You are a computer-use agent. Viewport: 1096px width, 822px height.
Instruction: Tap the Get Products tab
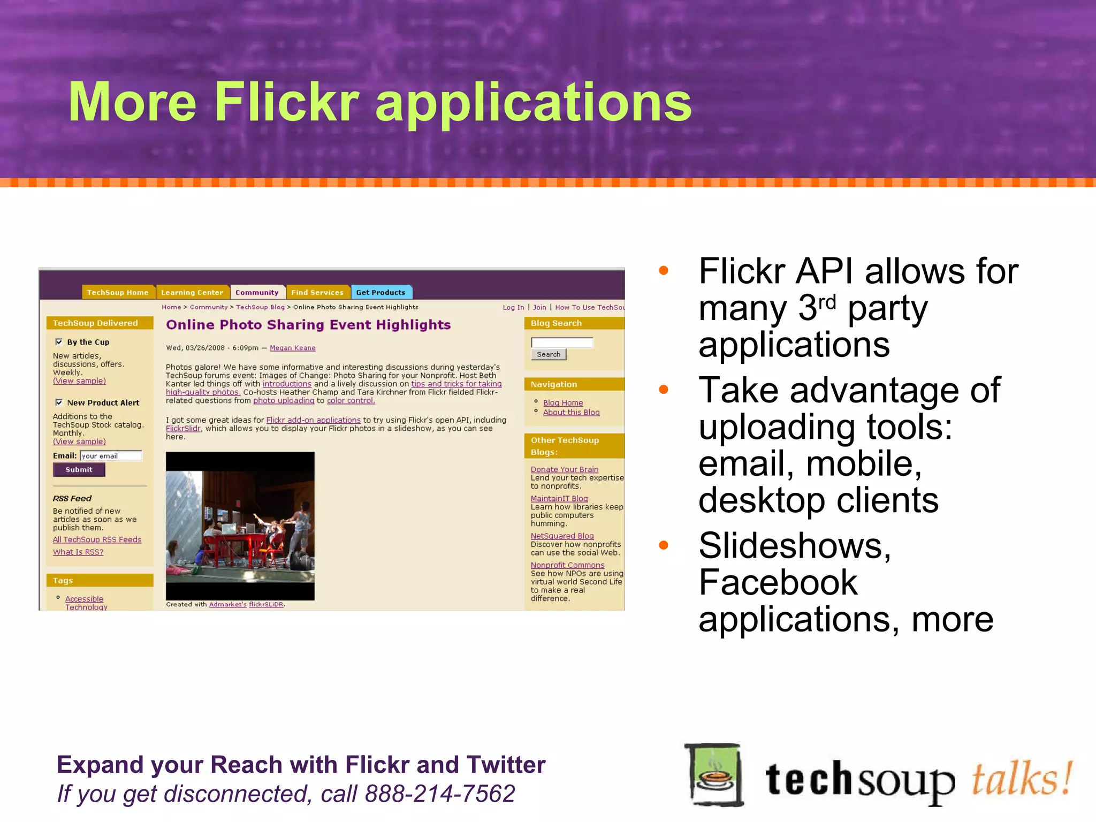pos(380,292)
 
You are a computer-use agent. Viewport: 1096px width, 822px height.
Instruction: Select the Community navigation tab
pos(257,292)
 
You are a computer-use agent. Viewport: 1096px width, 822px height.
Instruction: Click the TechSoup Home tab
pos(117,292)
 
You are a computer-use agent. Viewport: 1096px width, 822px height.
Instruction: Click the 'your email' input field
pos(111,456)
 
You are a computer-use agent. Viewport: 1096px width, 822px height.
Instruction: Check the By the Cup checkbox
pos(59,342)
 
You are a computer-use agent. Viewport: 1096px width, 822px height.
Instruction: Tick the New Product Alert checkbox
pos(59,402)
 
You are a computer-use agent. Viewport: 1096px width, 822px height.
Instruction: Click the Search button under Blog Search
pos(548,354)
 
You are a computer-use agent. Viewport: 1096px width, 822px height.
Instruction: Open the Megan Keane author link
pos(292,348)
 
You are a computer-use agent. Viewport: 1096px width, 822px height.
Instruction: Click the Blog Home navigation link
pos(563,403)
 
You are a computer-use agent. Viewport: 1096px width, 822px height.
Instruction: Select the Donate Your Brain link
pos(564,469)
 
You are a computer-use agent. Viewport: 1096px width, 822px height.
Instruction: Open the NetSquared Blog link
pos(562,536)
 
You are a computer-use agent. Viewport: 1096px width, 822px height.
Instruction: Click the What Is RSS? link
pos(78,552)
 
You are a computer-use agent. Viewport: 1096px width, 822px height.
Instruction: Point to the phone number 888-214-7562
pos(439,794)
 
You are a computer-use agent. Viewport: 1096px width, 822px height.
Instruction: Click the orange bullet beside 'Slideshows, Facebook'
pos(664,545)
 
